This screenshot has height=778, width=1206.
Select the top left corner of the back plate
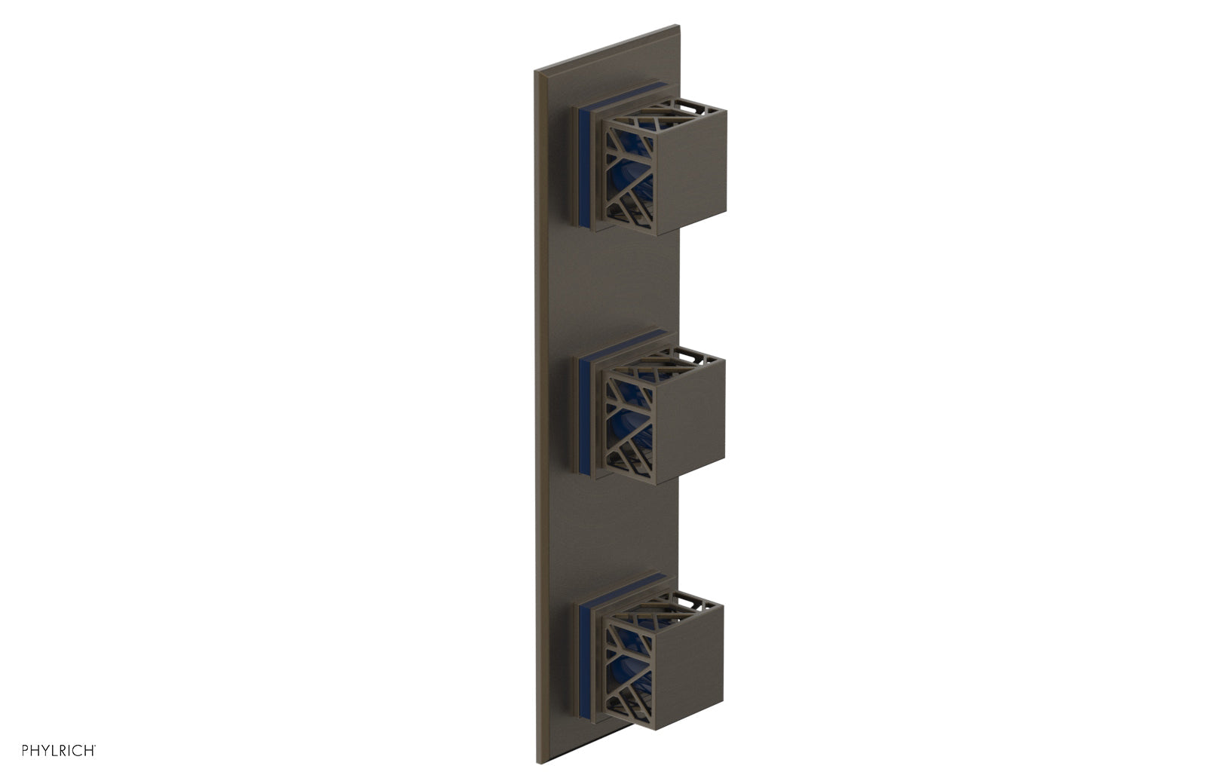[x=536, y=72]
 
